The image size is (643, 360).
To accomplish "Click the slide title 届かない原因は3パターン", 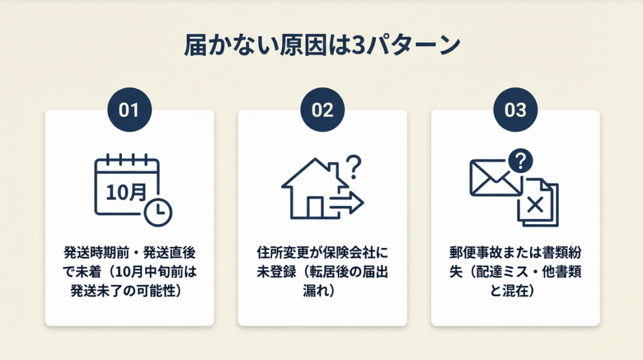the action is coord(322,45).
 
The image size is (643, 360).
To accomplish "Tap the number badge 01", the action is coord(129,109).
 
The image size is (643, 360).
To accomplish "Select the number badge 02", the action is coord(322,109).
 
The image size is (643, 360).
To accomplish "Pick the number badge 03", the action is coord(515,109).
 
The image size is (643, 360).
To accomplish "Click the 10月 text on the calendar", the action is coord(126,192).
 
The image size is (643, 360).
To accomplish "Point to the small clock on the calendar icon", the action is coord(158,212).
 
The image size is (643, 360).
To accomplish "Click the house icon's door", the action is coord(315,207).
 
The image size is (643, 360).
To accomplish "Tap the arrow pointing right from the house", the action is coord(347,202).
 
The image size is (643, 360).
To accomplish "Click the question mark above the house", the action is coord(354,166).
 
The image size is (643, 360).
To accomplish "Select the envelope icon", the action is coord(494,178).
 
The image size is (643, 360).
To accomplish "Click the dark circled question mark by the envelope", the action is coord(521,161).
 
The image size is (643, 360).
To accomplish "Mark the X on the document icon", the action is coord(535,204).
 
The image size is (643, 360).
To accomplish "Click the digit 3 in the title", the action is coord(358,46).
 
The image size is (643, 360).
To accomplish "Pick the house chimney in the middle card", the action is coord(333,168).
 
